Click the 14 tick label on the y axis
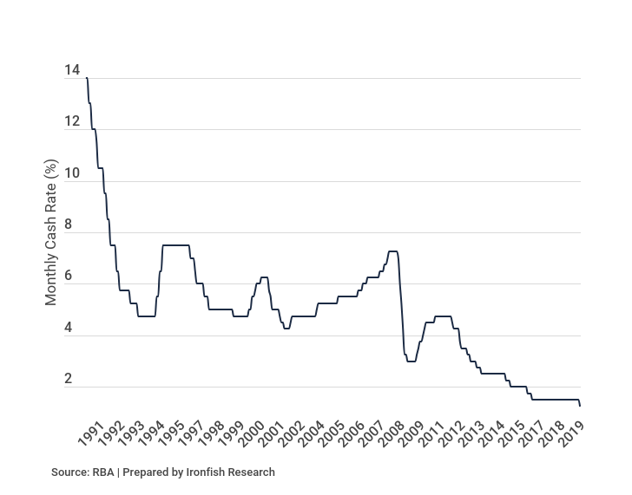(71, 71)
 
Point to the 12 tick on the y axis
(71, 122)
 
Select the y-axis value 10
(71, 173)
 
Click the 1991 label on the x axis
(90, 435)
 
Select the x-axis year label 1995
(171, 435)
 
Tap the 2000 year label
(251, 435)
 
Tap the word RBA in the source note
(102, 472)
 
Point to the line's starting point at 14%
(87, 79)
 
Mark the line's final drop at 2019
(580, 404)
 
